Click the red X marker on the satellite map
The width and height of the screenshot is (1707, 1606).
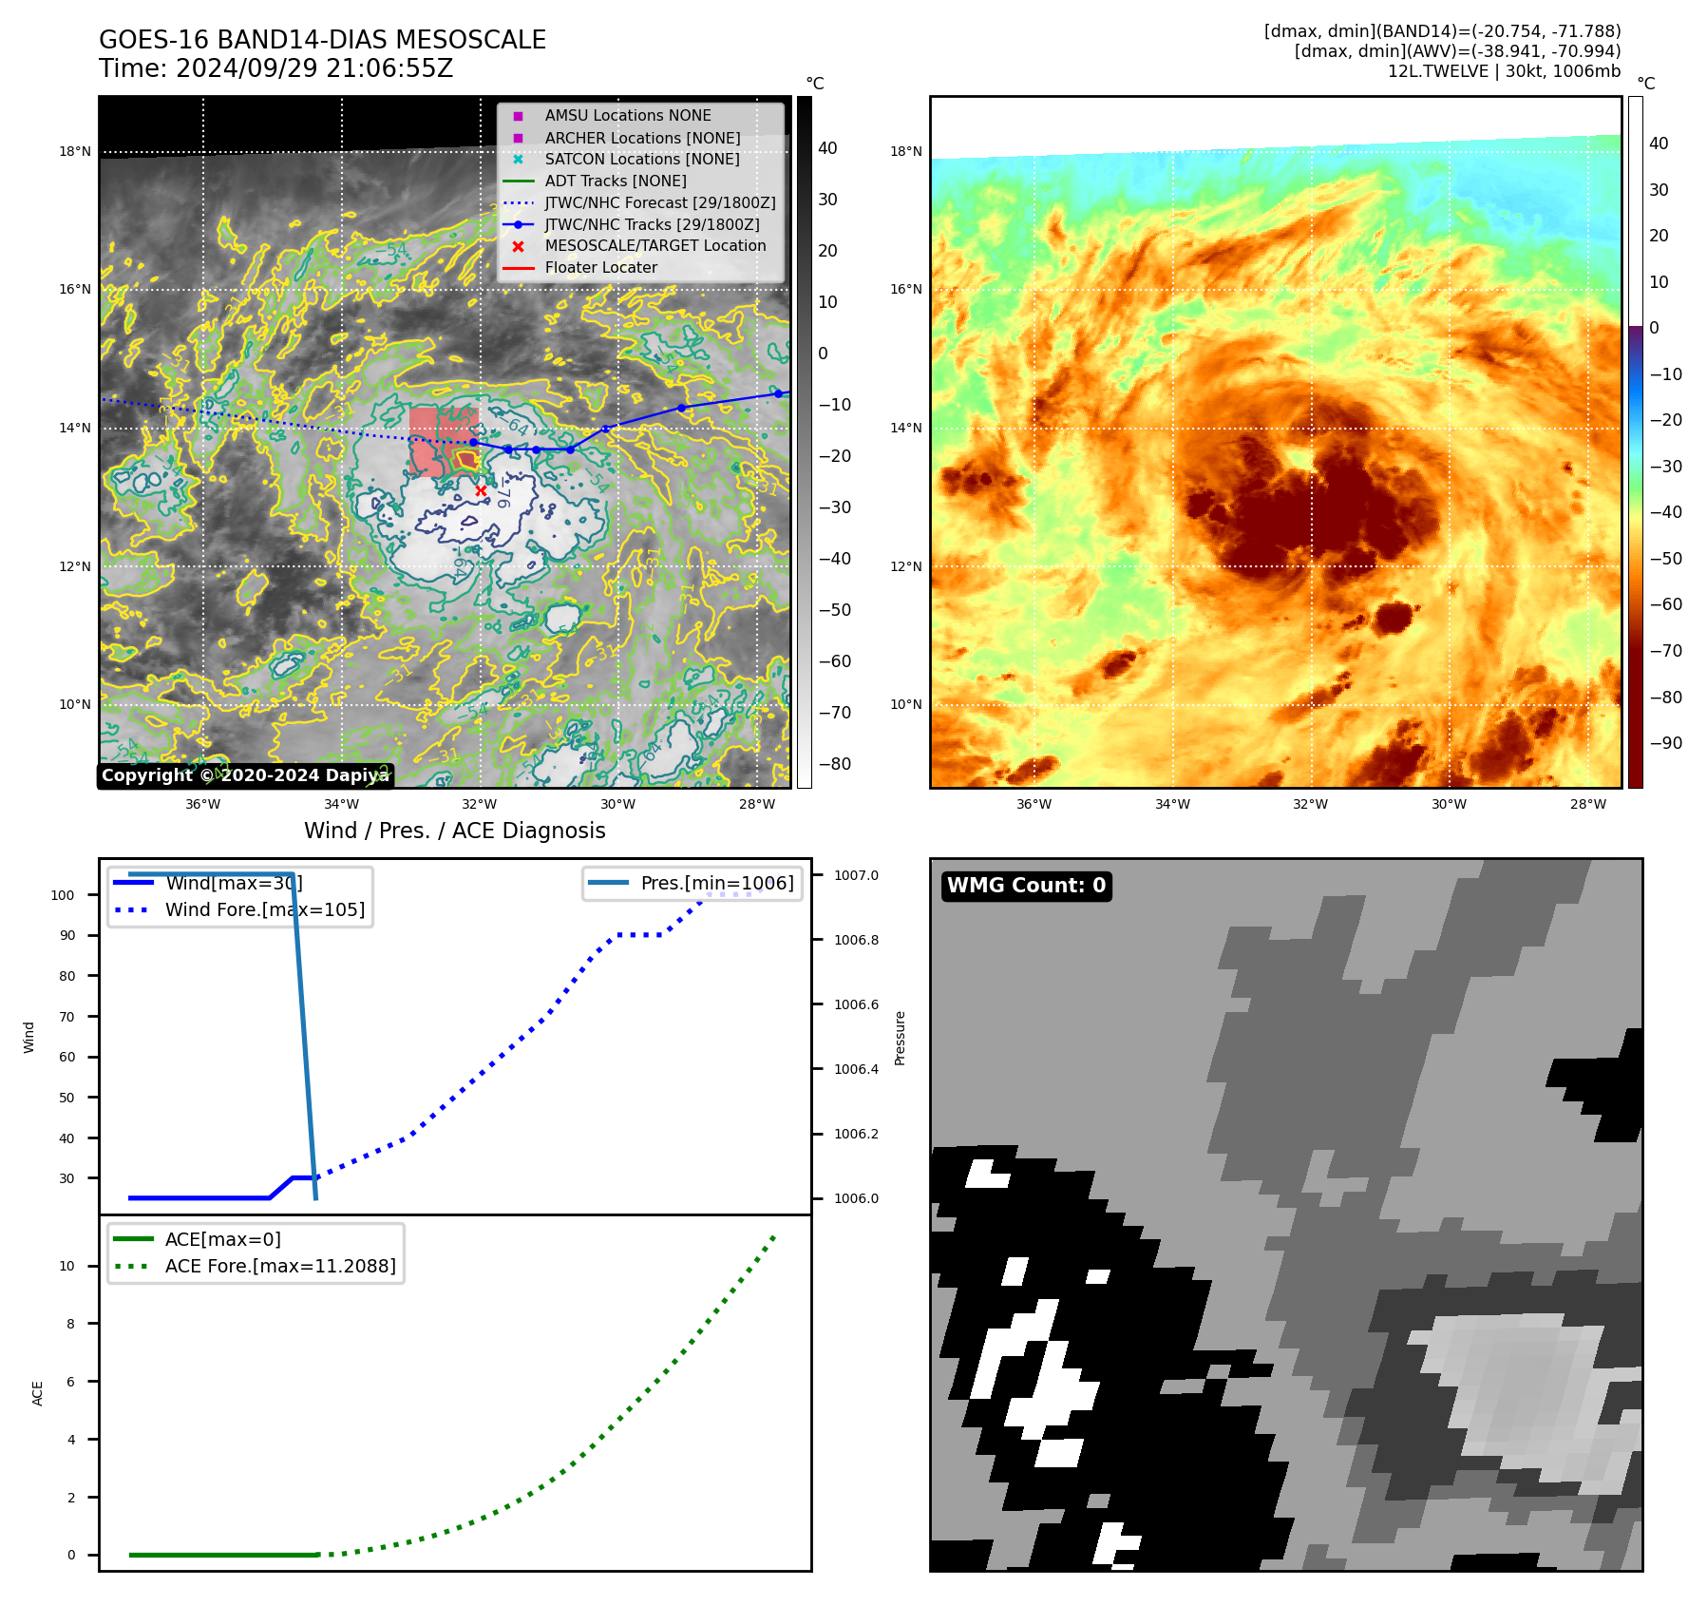(481, 490)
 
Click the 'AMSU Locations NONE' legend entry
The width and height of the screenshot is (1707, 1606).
(627, 115)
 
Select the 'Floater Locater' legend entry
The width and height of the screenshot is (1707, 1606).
(600, 267)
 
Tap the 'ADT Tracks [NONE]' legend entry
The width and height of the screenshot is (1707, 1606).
(615, 181)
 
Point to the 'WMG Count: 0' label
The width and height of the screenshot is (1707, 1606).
(1026, 886)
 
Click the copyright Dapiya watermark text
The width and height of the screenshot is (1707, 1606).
(244, 775)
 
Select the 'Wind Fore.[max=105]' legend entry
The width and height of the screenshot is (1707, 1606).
(264, 909)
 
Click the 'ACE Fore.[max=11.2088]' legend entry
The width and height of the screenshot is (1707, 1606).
(280, 1266)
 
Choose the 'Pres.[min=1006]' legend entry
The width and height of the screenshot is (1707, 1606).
(716, 883)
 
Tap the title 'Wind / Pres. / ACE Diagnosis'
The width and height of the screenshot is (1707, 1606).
(454, 831)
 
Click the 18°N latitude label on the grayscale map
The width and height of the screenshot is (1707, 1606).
(75, 151)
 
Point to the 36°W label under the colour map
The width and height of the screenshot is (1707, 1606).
(1034, 804)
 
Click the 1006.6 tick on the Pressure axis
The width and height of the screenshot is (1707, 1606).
(856, 1004)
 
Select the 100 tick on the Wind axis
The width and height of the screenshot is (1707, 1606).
(63, 895)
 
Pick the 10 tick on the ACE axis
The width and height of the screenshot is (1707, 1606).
(66, 1266)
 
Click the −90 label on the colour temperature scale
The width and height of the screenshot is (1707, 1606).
(1665, 743)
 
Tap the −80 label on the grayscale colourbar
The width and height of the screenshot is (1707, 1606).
(835, 764)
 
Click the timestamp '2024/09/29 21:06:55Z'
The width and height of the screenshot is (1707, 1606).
(314, 68)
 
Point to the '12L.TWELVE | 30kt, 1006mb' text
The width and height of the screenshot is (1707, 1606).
(1504, 71)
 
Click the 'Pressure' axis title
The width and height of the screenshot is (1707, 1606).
(900, 1038)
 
